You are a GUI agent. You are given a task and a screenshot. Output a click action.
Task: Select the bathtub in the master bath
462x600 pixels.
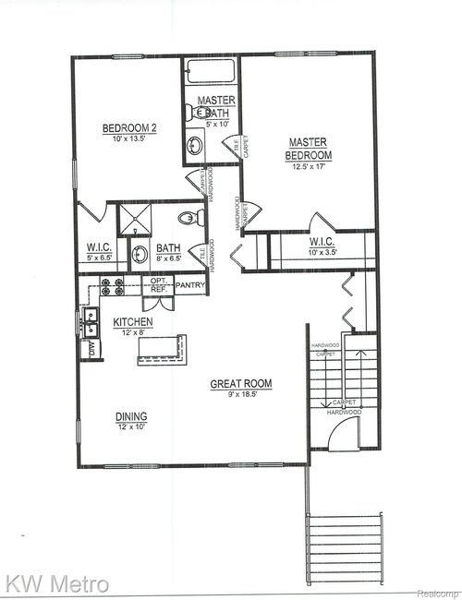tap(212, 73)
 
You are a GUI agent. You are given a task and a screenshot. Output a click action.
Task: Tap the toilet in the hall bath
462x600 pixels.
tap(187, 219)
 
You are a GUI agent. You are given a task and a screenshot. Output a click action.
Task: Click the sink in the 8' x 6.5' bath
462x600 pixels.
tap(140, 255)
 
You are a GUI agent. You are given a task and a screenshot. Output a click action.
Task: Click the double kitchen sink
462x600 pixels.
tap(91, 322)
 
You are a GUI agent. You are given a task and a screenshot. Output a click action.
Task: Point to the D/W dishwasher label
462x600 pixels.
tap(91, 349)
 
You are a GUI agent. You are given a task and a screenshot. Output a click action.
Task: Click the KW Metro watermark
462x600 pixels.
tap(57, 583)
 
